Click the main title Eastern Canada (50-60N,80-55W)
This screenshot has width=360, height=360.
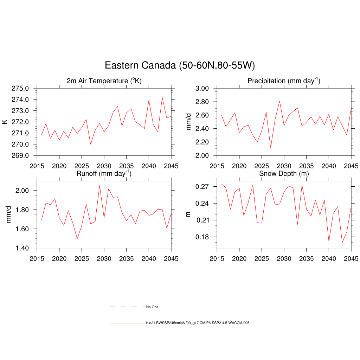[x=180, y=65]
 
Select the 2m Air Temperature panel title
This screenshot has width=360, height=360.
[x=104, y=81]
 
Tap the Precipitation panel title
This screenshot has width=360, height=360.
[x=284, y=81]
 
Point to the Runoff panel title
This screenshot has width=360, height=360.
[x=104, y=173]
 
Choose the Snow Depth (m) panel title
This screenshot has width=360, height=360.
[x=284, y=173]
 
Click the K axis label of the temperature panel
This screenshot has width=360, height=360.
[x=5, y=122]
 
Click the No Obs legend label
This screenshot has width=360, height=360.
[x=152, y=307]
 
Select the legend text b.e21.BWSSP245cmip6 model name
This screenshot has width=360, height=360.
[x=198, y=323]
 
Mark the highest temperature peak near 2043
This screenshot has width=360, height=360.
[x=162, y=98]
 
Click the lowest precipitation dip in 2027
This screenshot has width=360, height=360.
[x=271, y=147]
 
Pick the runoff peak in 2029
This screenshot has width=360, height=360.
[x=99, y=186]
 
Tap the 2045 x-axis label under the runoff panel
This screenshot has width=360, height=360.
[x=171, y=259]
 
